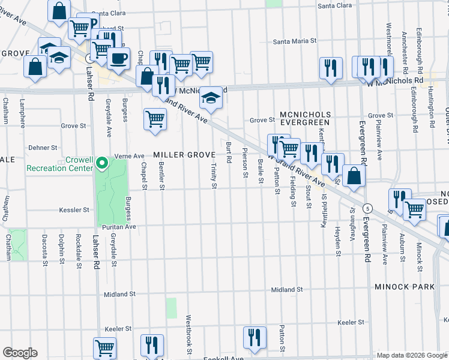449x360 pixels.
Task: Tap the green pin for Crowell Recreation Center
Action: point(102,163)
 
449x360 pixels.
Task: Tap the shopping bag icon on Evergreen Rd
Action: point(354,175)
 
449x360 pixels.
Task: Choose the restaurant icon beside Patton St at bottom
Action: point(255,337)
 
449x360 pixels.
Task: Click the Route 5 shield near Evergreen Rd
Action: point(368,208)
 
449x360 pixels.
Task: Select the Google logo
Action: point(19,353)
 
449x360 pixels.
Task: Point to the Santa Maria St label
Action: point(294,41)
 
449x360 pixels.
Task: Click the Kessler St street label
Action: point(74,210)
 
